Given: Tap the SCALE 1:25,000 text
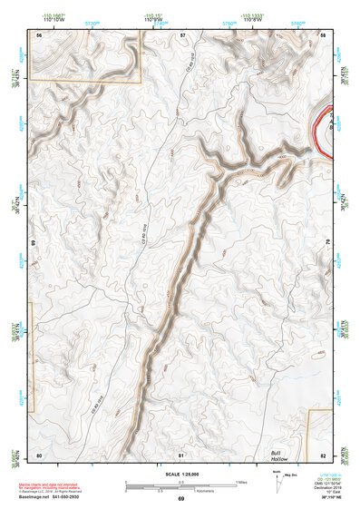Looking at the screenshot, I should point(180,475).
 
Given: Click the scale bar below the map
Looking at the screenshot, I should point(181,483).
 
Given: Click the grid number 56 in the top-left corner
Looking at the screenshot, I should point(39,34).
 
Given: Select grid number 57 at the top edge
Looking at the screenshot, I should point(182,34).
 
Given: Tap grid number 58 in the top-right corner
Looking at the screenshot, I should point(324,34).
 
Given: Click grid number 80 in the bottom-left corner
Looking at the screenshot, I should point(39,454).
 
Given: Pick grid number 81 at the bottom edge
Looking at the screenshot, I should point(181,454).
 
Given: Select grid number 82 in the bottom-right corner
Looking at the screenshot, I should point(324,454).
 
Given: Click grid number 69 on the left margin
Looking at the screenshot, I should point(34,243).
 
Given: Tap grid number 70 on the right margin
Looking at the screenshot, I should point(328,243).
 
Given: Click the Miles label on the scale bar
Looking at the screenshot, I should point(239,481).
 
